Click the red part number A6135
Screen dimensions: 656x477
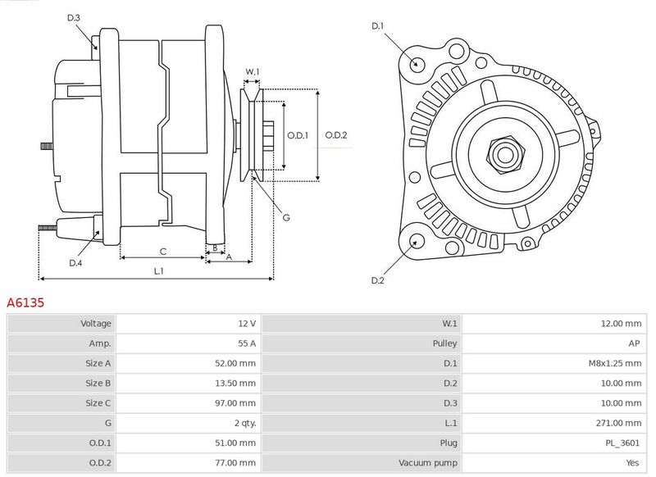[x=25, y=302]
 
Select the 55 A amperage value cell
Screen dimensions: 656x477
[x=247, y=343]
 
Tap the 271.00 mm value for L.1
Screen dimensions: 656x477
[x=618, y=423]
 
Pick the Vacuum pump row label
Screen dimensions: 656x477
[x=427, y=463]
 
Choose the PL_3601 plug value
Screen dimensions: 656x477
[x=622, y=443]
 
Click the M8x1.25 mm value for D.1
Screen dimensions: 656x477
[x=615, y=363]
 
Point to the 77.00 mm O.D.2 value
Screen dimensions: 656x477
[x=235, y=463]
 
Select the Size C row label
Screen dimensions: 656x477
[x=98, y=403]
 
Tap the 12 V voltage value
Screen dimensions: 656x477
[x=247, y=323]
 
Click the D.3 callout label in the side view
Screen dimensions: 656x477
[x=74, y=17]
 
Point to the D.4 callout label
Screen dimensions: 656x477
[x=75, y=263]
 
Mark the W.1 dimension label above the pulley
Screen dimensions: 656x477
[x=253, y=71]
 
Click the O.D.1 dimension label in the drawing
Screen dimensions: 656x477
[x=298, y=135]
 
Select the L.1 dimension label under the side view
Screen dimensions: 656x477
[x=158, y=271]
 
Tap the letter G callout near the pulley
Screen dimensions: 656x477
[x=286, y=217]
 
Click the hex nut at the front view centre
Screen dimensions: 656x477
[x=505, y=155]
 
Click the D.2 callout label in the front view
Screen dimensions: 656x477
[x=377, y=280]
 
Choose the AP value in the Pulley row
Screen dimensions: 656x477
[x=634, y=343]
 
